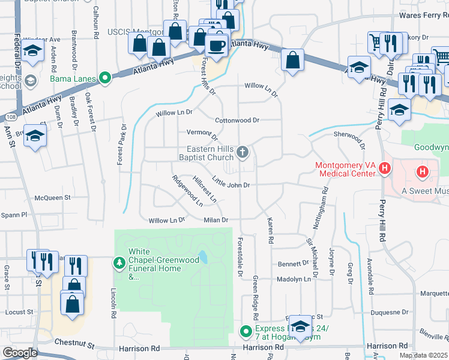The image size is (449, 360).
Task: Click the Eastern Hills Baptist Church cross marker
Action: pos(243,152)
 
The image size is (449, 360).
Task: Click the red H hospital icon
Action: pos(423,172)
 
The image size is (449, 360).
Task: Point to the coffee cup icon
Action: pos(216,45)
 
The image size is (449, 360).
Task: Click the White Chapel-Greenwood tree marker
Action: pos(119,262)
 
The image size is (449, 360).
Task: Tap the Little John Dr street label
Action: pos(231,185)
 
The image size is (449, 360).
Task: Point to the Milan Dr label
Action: pos(216,220)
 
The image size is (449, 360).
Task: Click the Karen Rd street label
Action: pos(270,231)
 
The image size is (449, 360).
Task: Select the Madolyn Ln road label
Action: pos(294,279)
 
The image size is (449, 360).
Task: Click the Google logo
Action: pos(20,353)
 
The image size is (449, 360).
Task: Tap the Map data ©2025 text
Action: pos(423,355)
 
